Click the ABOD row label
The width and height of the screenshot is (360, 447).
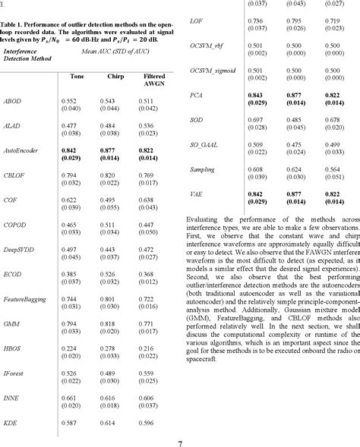13,101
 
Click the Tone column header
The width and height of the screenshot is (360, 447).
77,77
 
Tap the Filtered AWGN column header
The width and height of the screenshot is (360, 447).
153,81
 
